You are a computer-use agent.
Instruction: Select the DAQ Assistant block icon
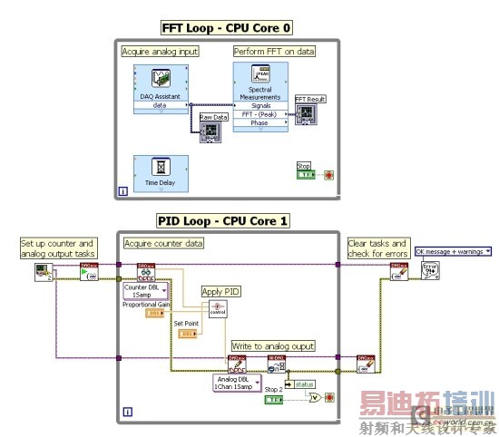coord(160,82)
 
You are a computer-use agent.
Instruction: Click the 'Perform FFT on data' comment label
coord(274,52)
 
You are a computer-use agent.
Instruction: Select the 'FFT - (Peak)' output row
coord(260,115)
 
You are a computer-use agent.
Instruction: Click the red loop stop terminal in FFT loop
coord(328,174)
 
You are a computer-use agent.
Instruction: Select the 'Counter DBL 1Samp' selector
coord(142,290)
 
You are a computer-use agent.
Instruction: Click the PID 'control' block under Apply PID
coord(217,309)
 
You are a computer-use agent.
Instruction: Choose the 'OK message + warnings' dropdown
coord(452,251)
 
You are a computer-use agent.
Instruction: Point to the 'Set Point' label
coord(185,321)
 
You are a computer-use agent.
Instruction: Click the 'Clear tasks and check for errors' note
coord(374,247)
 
